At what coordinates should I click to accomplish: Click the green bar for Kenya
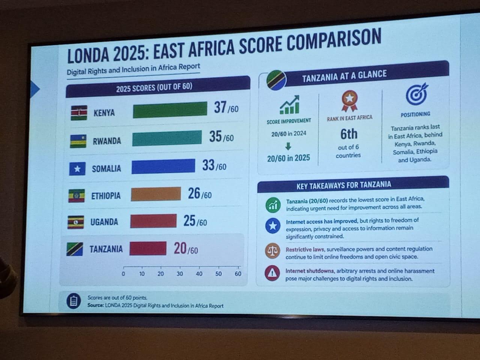click(x=170, y=110)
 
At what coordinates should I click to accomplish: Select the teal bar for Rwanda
click(x=167, y=138)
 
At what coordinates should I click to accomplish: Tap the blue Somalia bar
click(x=163, y=166)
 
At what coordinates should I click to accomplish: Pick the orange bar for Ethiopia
click(x=156, y=194)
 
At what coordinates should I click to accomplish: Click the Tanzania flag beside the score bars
click(x=75, y=249)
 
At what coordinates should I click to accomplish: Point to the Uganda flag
click(x=76, y=222)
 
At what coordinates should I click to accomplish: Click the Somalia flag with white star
click(x=77, y=169)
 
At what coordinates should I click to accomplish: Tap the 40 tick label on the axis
click(x=199, y=274)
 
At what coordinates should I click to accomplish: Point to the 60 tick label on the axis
click(x=238, y=274)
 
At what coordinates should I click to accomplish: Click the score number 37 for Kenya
click(x=220, y=107)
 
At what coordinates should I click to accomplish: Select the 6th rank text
click(x=349, y=134)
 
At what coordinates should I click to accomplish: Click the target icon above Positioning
click(x=417, y=94)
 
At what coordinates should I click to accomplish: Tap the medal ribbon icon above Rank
click(x=349, y=101)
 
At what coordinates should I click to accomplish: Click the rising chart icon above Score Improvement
click(x=289, y=105)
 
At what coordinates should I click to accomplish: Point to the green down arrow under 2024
click(x=288, y=146)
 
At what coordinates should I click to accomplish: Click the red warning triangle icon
click(x=272, y=273)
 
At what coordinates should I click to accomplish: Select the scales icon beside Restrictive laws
click(x=273, y=251)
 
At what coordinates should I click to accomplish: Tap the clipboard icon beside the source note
click(x=74, y=301)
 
